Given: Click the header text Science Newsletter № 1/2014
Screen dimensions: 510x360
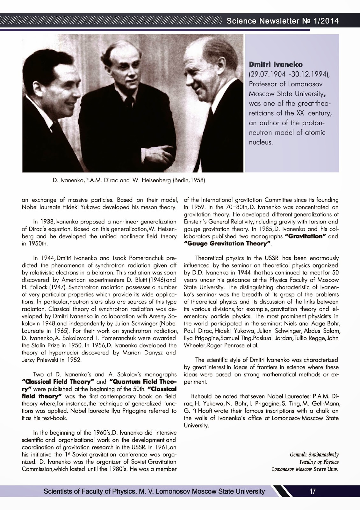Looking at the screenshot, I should click(282, 21).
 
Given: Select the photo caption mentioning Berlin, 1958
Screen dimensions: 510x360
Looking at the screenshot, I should click(128, 180).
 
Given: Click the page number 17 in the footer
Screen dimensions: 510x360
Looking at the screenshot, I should click(313, 492).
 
